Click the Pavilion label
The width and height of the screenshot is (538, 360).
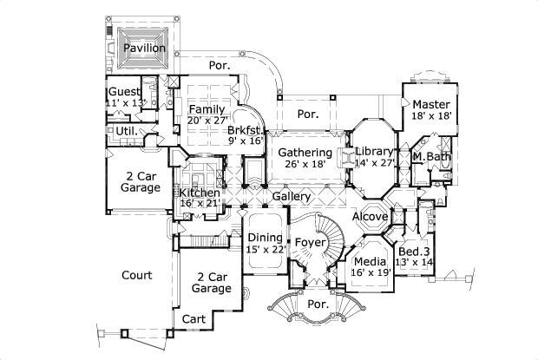tap(144, 49)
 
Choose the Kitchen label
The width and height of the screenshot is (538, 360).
tap(200, 192)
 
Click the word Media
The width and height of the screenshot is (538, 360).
tap(369, 260)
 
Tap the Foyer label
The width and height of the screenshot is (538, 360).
tap(309, 242)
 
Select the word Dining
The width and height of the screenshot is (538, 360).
tap(265, 238)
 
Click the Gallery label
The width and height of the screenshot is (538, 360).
tap(292, 197)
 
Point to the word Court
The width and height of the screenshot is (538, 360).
tap(136, 276)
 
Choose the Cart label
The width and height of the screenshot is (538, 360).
tap(194, 319)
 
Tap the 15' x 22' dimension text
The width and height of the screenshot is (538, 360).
tap(265, 250)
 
